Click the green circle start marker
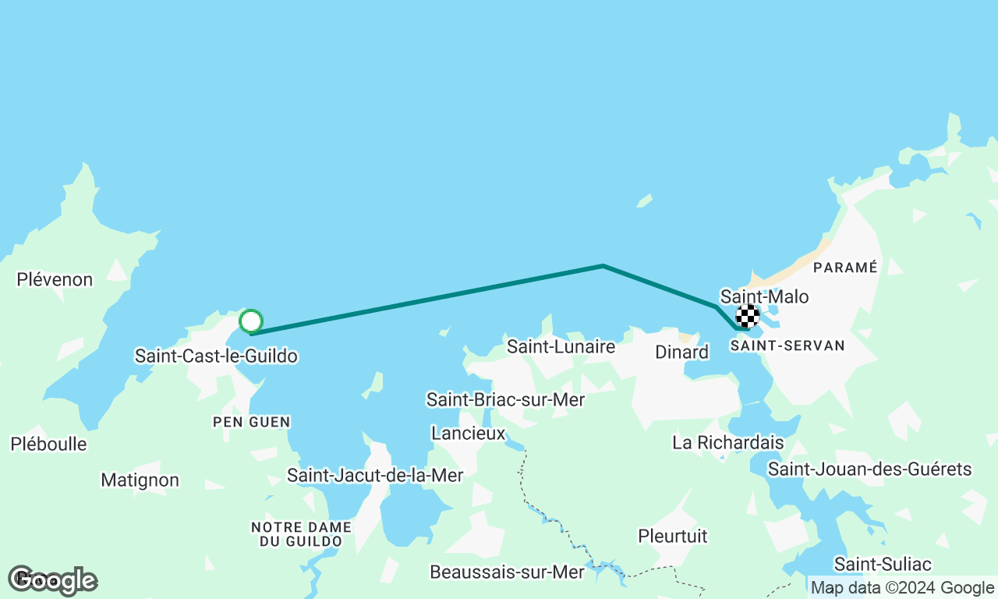click(x=250, y=321)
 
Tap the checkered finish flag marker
click(x=748, y=316)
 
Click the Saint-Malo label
click(x=764, y=296)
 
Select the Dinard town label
click(x=681, y=352)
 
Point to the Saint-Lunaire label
click(x=561, y=346)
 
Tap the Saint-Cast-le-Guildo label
click(x=216, y=356)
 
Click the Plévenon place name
click(x=55, y=279)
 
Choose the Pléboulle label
click(x=48, y=444)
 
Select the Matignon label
click(x=140, y=480)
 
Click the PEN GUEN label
click(x=252, y=422)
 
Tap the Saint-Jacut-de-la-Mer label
click(x=375, y=475)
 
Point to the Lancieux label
click(x=469, y=433)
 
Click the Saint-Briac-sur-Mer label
click(x=505, y=400)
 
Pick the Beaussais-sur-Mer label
click(x=507, y=572)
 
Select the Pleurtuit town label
click(x=672, y=536)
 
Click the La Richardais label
click(x=727, y=442)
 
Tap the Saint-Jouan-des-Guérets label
click(x=869, y=469)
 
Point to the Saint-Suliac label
click(x=883, y=563)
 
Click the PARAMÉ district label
click(x=845, y=268)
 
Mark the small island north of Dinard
click(x=644, y=201)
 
